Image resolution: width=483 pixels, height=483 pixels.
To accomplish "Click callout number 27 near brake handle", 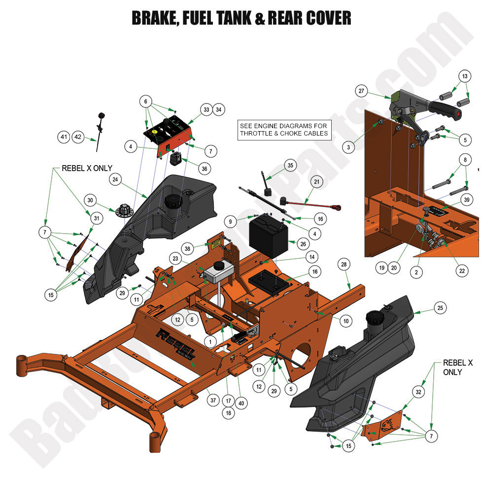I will (362, 91).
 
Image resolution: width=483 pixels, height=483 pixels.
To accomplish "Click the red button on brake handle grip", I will (459, 115).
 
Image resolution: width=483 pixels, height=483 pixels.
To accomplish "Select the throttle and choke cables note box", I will (283, 130).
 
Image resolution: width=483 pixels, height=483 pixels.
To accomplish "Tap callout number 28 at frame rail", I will (344, 265).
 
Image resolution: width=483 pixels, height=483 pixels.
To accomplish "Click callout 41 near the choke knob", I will (64, 137).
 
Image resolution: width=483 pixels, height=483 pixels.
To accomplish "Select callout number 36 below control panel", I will (204, 169).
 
